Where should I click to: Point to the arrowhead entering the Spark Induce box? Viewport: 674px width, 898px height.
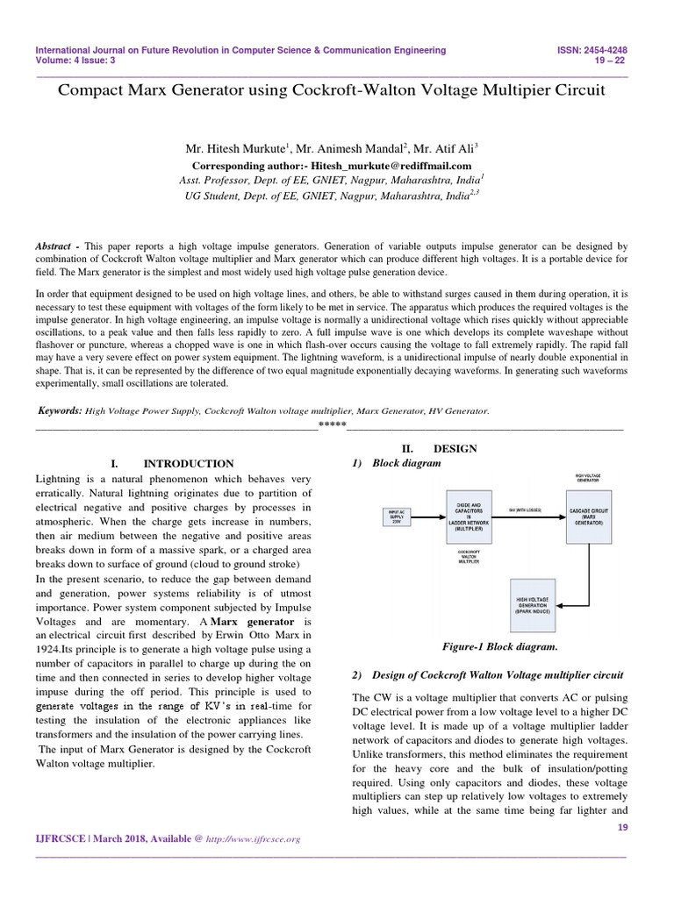(563, 604)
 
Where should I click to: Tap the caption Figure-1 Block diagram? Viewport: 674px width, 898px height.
(489, 646)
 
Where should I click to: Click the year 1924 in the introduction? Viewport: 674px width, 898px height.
(51, 650)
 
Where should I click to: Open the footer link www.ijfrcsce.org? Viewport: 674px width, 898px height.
(253, 839)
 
